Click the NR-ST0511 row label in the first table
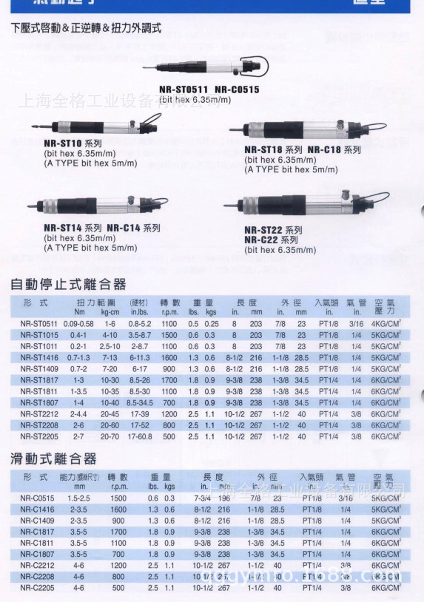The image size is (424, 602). point(38,324)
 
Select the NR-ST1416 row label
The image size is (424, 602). point(38,357)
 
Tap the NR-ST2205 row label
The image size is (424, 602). point(38,436)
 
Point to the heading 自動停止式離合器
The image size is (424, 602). point(68,284)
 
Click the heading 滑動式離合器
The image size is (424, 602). point(54,459)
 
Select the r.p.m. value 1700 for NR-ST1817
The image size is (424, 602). point(169,379)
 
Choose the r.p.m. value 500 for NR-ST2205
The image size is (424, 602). point(169,436)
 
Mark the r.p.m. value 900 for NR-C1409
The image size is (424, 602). point(118,521)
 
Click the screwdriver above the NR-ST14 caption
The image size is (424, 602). point(101,205)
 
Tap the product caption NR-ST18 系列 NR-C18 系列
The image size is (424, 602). point(302,149)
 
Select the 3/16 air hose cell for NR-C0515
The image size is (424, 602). point(346,498)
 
